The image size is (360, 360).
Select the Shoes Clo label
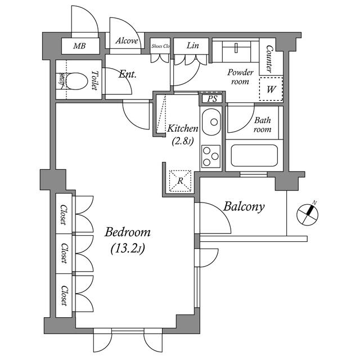coord(160,46)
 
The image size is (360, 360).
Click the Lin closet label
coord(191,46)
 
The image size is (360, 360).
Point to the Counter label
coord(269,59)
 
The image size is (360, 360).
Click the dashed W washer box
coord(271,89)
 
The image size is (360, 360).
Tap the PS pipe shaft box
coord(213,99)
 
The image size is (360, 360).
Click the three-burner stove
coord(211,156)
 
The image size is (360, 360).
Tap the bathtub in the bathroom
coord(254,155)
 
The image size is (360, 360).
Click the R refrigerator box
coord(181,181)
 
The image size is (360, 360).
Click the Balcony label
coord(244,206)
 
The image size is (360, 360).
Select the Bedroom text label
coord(128,232)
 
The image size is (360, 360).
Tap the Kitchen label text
coord(183,129)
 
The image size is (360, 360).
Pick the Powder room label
coord(241,76)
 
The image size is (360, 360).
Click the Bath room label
coord(262,124)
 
